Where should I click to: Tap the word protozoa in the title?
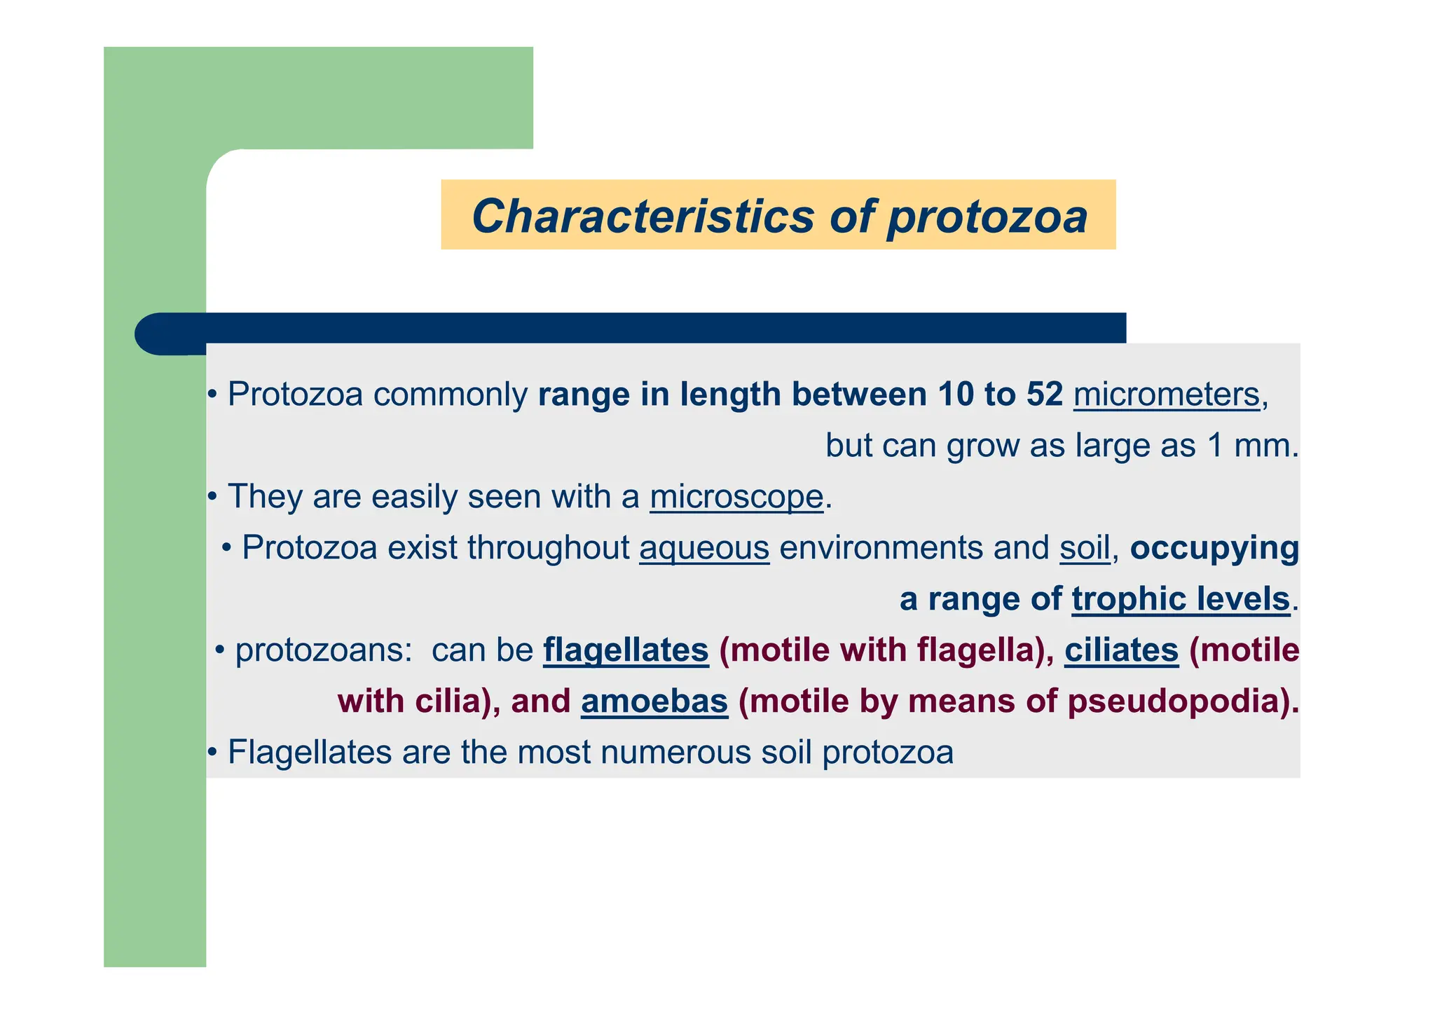[x=987, y=217]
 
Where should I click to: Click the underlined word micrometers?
[x=1167, y=395]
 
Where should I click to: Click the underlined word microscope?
[x=736, y=497]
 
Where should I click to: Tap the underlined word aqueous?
[x=704, y=548]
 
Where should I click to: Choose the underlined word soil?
[x=1085, y=548]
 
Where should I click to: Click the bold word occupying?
[x=1214, y=548]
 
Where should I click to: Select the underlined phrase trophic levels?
[x=1181, y=599]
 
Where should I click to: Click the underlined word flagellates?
[x=626, y=650]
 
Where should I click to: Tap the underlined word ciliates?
[x=1121, y=650]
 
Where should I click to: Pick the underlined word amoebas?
[x=654, y=701]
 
